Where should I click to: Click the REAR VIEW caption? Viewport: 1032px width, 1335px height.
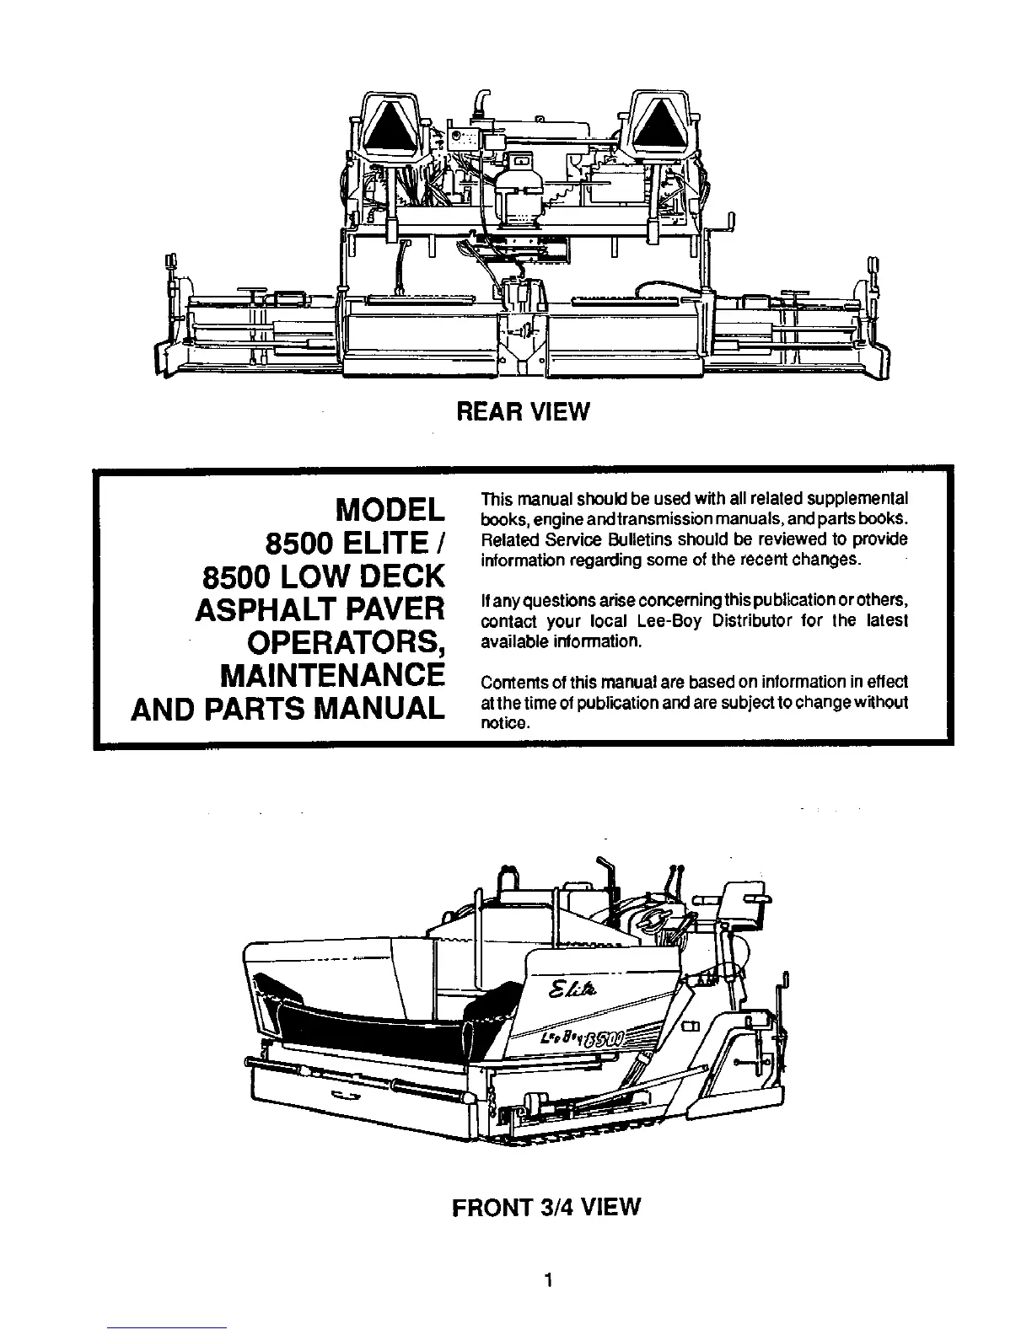pyautogui.click(x=522, y=411)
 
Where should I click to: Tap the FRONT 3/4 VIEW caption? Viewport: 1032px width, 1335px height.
pyautogui.click(x=546, y=1207)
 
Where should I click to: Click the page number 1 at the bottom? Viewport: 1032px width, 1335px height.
pyautogui.click(x=547, y=1282)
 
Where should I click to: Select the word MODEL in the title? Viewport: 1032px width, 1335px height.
pyautogui.click(x=390, y=510)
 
